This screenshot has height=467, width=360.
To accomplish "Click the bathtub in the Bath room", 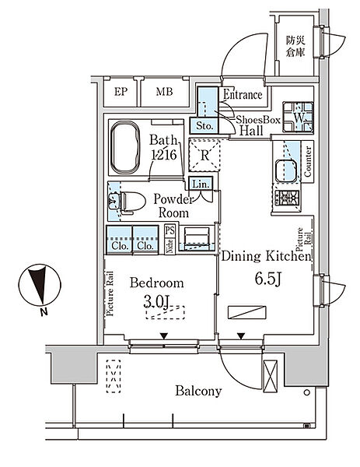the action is click(x=125, y=147).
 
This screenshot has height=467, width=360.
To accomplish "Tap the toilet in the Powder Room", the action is click(x=131, y=202).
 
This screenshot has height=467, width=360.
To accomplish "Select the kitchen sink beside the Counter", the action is click(x=286, y=170).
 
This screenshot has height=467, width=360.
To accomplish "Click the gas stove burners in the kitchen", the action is click(x=287, y=198).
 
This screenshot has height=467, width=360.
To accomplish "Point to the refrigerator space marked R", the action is click(x=204, y=155).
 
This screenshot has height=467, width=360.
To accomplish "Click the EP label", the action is click(x=121, y=92).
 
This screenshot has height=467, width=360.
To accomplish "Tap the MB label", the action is click(x=164, y=91).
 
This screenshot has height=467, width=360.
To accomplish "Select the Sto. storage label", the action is click(x=204, y=125).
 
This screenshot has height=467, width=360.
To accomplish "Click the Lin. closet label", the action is click(x=201, y=184).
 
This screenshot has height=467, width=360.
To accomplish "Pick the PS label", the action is click(x=170, y=230).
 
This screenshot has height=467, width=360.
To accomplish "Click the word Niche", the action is click(x=170, y=246).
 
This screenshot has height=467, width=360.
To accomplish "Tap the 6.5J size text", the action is click(x=267, y=279).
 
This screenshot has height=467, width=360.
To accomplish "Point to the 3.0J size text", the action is click(x=156, y=302).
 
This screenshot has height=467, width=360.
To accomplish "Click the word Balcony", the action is click(x=198, y=391).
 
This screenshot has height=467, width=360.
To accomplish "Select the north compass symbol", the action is click(x=40, y=285).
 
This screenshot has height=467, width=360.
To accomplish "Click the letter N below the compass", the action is click(x=44, y=312).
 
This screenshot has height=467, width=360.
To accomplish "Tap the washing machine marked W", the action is click(x=298, y=117).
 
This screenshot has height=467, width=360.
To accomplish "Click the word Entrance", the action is click(x=243, y=95).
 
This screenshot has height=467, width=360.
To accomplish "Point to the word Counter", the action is click(x=308, y=161).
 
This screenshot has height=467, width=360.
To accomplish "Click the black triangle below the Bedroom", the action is click(x=163, y=336).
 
